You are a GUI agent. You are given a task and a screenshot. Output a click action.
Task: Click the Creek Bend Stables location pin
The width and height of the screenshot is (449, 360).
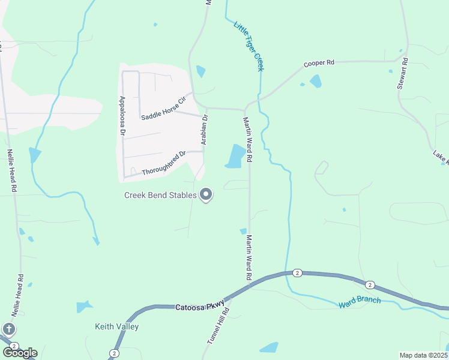(206, 194)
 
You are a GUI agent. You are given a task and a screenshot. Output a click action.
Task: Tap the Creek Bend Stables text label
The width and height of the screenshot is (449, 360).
(160, 195)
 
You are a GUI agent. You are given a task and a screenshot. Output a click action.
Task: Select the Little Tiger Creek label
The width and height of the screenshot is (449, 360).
(249, 47)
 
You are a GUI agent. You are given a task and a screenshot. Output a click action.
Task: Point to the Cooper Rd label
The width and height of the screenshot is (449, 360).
(319, 63)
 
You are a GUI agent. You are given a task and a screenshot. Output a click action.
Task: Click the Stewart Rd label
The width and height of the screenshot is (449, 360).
(403, 74)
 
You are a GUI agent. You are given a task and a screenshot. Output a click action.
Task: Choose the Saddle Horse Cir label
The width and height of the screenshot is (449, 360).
(164, 108)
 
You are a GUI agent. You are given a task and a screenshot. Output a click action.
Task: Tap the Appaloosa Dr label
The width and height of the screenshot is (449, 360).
(122, 115)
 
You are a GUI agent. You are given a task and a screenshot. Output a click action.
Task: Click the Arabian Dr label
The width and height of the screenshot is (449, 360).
(205, 130)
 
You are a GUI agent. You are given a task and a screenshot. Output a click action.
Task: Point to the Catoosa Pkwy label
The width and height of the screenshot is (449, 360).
(200, 307)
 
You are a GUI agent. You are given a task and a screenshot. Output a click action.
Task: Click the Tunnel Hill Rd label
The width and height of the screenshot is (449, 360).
(218, 326)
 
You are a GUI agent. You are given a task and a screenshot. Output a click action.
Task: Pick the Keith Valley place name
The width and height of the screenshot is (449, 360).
(117, 327)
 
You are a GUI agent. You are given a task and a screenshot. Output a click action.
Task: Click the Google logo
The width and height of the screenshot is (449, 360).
(20, 352)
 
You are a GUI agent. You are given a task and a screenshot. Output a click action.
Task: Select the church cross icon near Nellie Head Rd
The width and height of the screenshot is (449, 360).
(9, 329)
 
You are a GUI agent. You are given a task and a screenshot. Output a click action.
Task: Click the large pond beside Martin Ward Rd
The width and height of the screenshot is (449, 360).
(235, 156)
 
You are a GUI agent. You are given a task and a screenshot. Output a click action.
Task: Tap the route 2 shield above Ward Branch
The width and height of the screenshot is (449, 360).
(298, 273)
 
